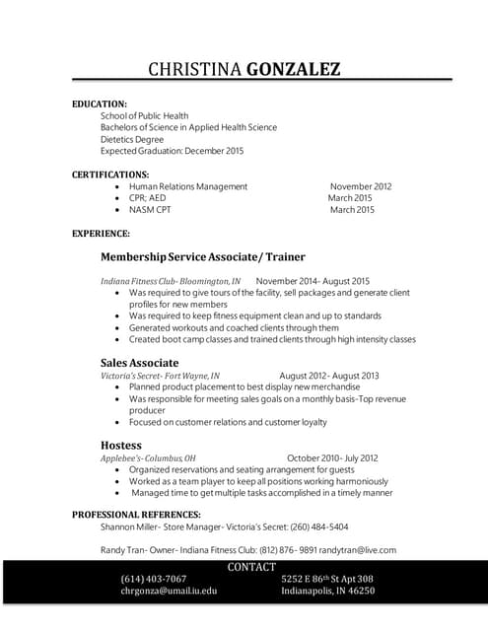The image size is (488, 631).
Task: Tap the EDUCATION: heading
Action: coord(100,104)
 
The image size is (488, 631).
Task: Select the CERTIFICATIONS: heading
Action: coord(110,175)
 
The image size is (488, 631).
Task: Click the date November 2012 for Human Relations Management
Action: coord(361,186)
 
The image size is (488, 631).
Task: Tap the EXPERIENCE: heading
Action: coord(101,234)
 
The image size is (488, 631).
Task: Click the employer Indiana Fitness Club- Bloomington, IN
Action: coord(170,281)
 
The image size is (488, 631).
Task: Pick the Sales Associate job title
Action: coord(139,363)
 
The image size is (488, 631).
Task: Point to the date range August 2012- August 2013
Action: coord(329,376)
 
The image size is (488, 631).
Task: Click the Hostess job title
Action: coord(121,446)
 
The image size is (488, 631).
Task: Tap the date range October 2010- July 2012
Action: coord(332,458)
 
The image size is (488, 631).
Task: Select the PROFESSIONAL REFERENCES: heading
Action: coord(136,515)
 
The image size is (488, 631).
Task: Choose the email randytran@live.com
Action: coord(363,550)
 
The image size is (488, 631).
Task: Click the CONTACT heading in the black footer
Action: coord(251,567)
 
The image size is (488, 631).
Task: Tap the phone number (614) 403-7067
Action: coord(154,579)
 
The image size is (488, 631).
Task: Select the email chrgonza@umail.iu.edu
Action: coord(169,592)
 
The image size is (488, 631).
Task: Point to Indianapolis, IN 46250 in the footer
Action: coord(327,592)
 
